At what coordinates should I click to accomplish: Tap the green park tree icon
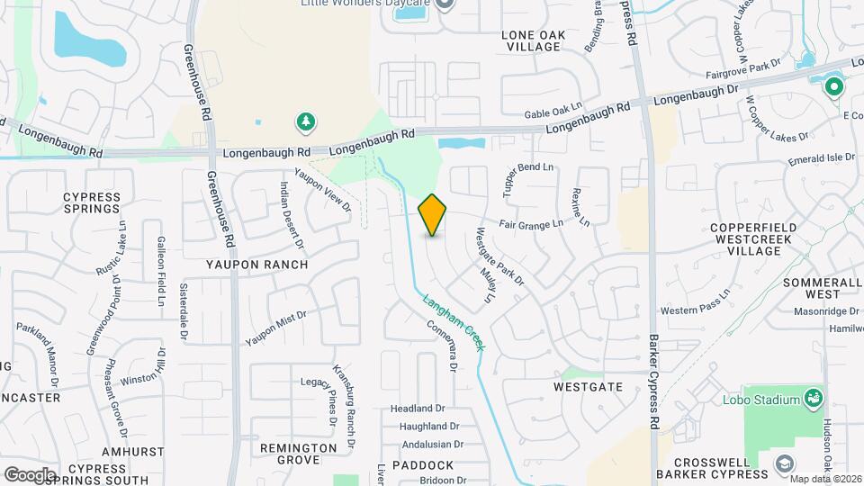(x=307, y=121)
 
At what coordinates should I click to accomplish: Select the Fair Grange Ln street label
(x=532, y=222)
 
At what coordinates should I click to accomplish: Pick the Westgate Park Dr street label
(x=500, y=257)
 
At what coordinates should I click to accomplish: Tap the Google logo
(x=30, y=474)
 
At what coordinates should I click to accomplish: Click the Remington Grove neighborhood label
(x=290, y=454)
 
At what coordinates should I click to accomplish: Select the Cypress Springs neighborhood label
(x=92, y=202)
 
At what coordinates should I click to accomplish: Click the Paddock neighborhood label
(x=422, y=465)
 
